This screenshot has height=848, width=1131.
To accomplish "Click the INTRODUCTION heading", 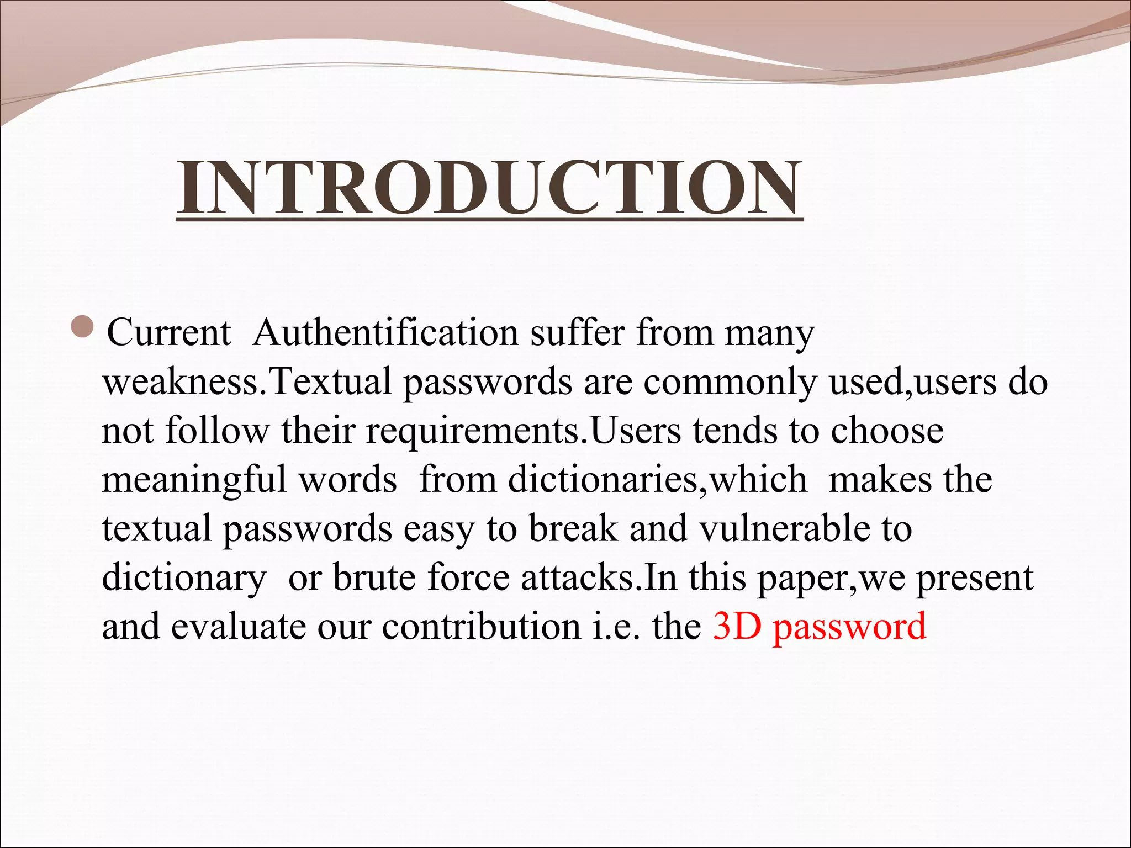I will click(489, 188).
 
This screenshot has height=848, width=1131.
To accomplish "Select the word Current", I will click(168, 333).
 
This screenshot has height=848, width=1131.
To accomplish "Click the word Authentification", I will click(385, 333).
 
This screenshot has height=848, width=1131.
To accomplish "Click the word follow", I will click(217, 431).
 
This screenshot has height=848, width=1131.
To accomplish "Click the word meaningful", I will click(194, 480).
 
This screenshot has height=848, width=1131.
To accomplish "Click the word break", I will click(573, 528).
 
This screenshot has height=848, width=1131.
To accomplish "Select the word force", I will click(469, 577).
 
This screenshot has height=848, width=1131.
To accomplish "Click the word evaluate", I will click(238, 627).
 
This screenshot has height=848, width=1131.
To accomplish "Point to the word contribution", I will click(481, 627).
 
